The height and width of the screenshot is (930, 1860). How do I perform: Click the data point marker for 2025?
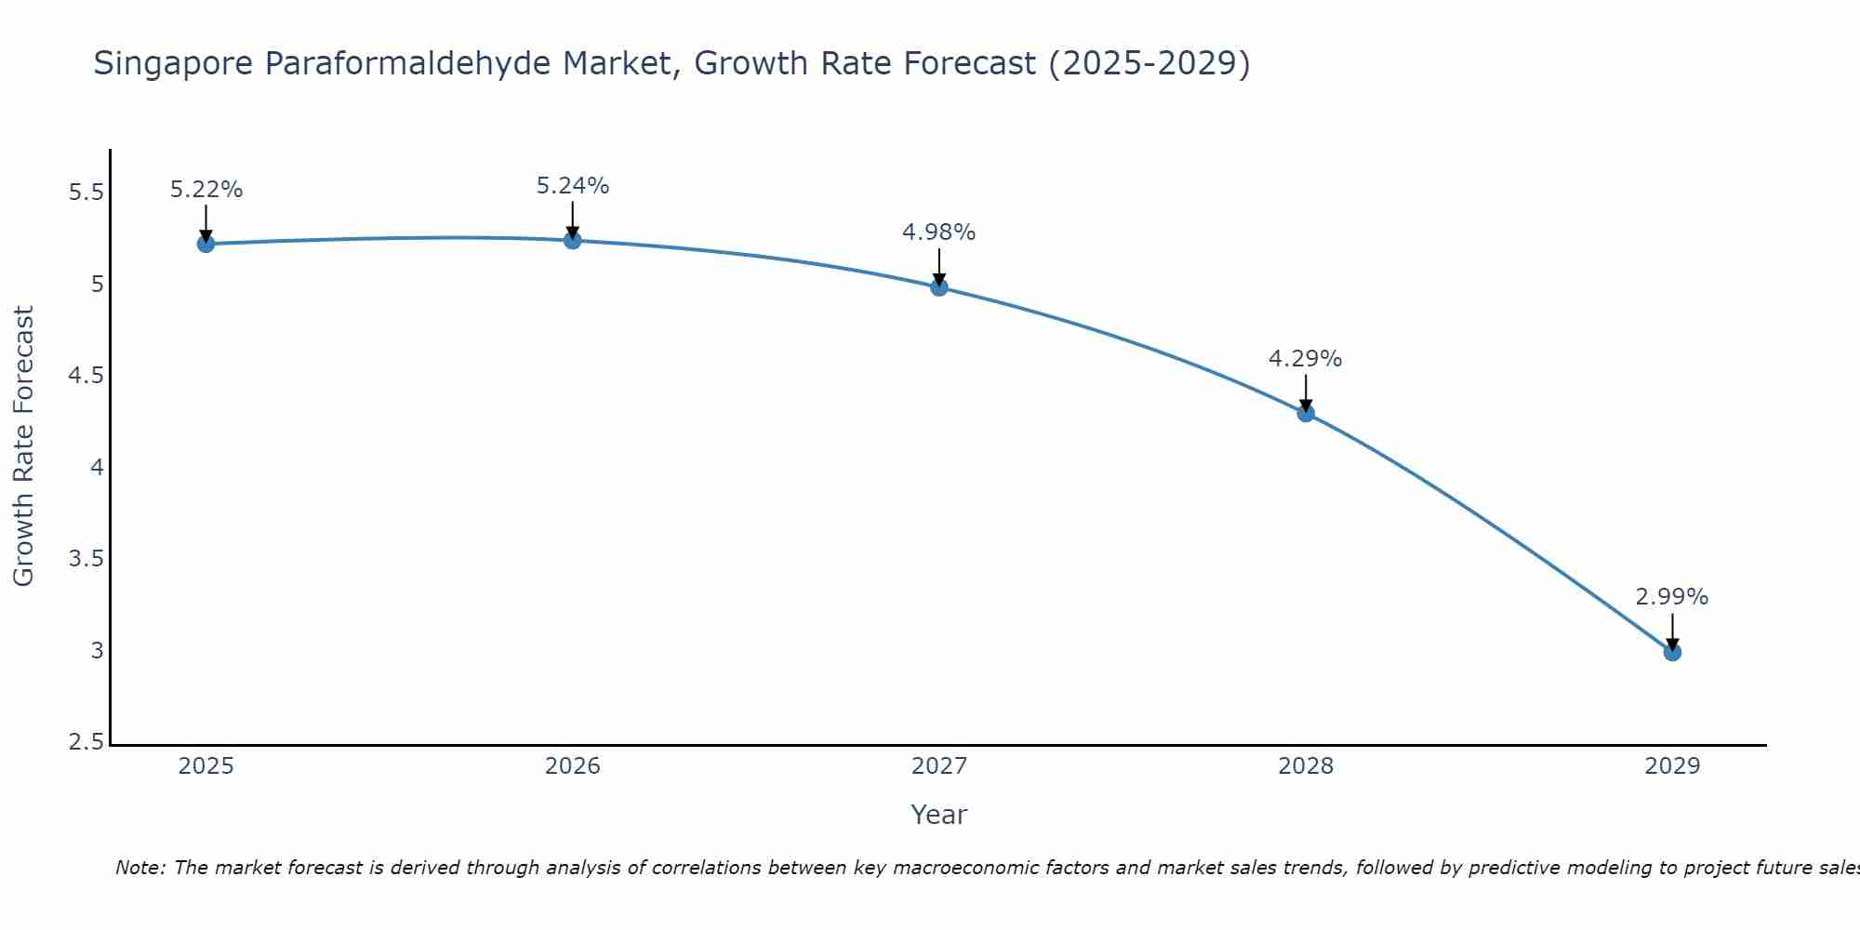[x=206, y=244]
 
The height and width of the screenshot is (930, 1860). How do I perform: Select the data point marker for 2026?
[x=573, y=240]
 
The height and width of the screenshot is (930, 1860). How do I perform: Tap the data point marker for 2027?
[x=939, y=287]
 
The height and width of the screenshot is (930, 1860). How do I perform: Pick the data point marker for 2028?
[x=1306, y=413]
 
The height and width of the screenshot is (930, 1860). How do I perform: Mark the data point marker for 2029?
[x=1672, y=652]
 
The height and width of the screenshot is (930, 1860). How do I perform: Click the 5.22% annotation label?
[x=206, y=190]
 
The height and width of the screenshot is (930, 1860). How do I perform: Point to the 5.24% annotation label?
[x=573, y=186]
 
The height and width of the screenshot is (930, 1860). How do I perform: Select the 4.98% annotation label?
[x=939, y=232]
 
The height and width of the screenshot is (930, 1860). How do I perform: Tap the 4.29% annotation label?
[x=1306, y=359]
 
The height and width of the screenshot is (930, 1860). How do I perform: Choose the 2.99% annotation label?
[x=1672, y=597]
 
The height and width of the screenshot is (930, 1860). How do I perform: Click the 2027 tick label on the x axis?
[x=939, y=766]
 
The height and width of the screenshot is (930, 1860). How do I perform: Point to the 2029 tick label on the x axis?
[x=1672, y=766]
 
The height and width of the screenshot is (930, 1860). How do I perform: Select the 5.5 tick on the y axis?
[x=86, y=193]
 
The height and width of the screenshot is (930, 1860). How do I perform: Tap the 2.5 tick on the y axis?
[x=86, y=742]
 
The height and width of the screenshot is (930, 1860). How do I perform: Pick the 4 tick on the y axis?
[x=97, y=468]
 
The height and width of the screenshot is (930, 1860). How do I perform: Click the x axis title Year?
[x=939, y=815]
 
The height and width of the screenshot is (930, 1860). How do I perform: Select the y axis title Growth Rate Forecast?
[x=23, y=446]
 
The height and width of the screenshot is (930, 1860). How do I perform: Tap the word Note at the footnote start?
[x=139, y=868]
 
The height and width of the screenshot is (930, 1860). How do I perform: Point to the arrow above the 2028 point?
[x=1306, y=392]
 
